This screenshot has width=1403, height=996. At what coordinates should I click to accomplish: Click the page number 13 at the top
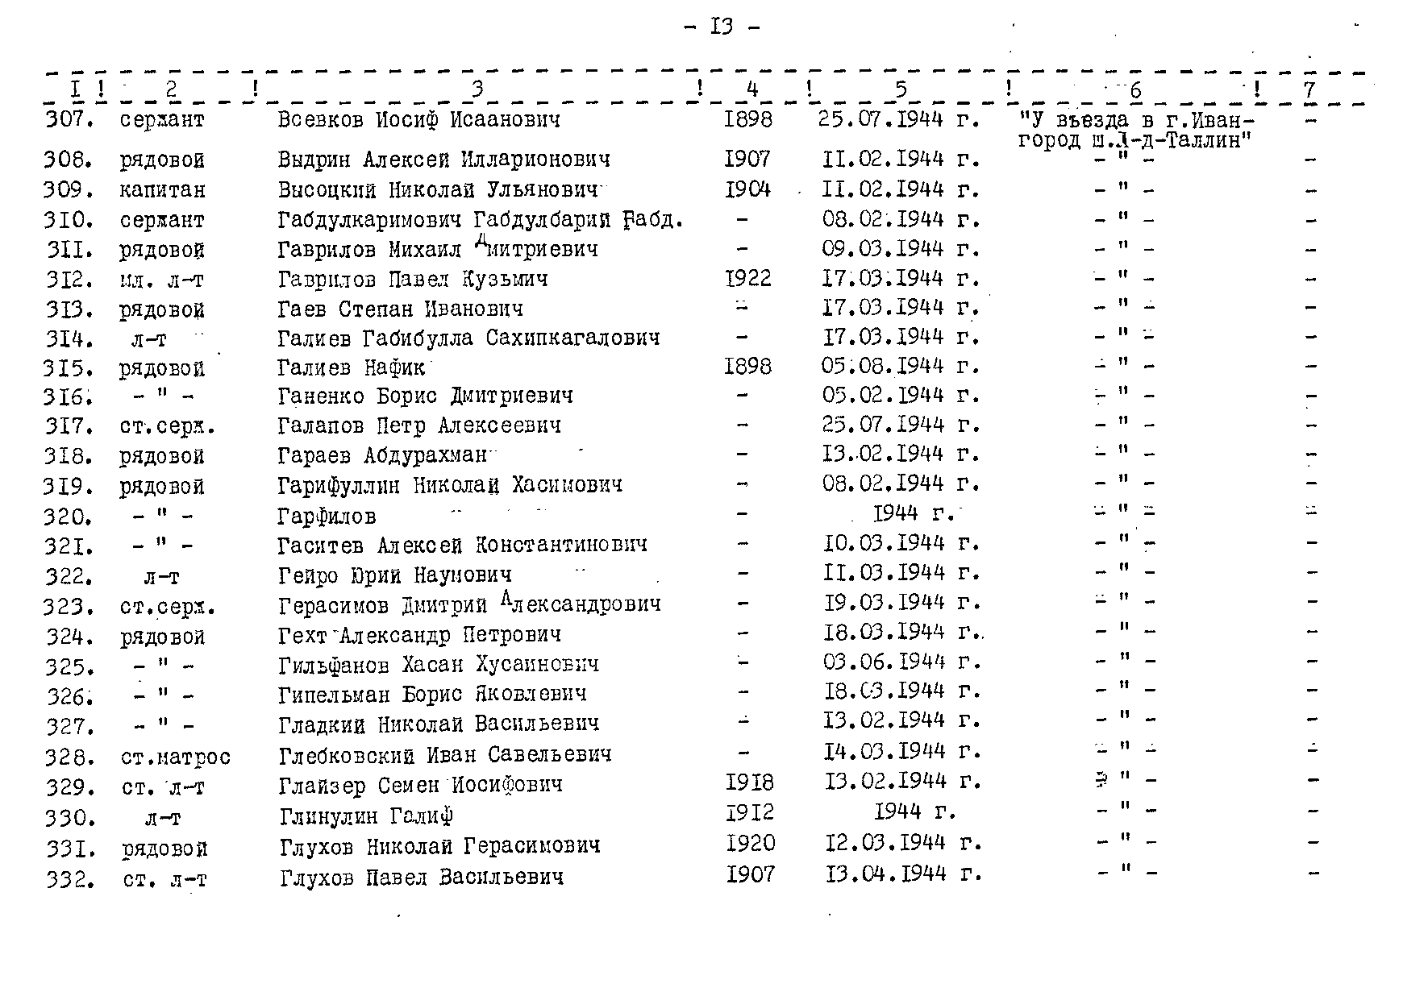click(721, 27)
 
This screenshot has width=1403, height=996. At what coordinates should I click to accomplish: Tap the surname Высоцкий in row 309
click(327, 190)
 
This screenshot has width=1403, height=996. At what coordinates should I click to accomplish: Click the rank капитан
click(162, 190)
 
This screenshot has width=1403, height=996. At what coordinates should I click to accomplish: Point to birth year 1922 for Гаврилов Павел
click(748, 279)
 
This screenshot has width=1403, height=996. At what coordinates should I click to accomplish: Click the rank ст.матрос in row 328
click(176, 757)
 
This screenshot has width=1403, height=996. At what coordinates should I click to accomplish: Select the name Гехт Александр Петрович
click(419, 635)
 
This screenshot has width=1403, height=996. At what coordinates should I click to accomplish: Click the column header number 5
click(901, 89)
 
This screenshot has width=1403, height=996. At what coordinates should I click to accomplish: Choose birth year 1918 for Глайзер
click(750, 782)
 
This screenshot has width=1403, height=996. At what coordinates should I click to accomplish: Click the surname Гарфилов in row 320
click(327, 516)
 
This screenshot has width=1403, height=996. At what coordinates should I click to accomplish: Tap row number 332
click(70, 879)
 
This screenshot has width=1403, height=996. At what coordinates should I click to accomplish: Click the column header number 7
click(1309, 89)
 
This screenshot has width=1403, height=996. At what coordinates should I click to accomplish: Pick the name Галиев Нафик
click(351, 367)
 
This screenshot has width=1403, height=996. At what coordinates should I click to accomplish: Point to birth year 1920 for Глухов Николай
click(750, 844)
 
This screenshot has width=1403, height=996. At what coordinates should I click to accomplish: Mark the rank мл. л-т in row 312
click(162, 280)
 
